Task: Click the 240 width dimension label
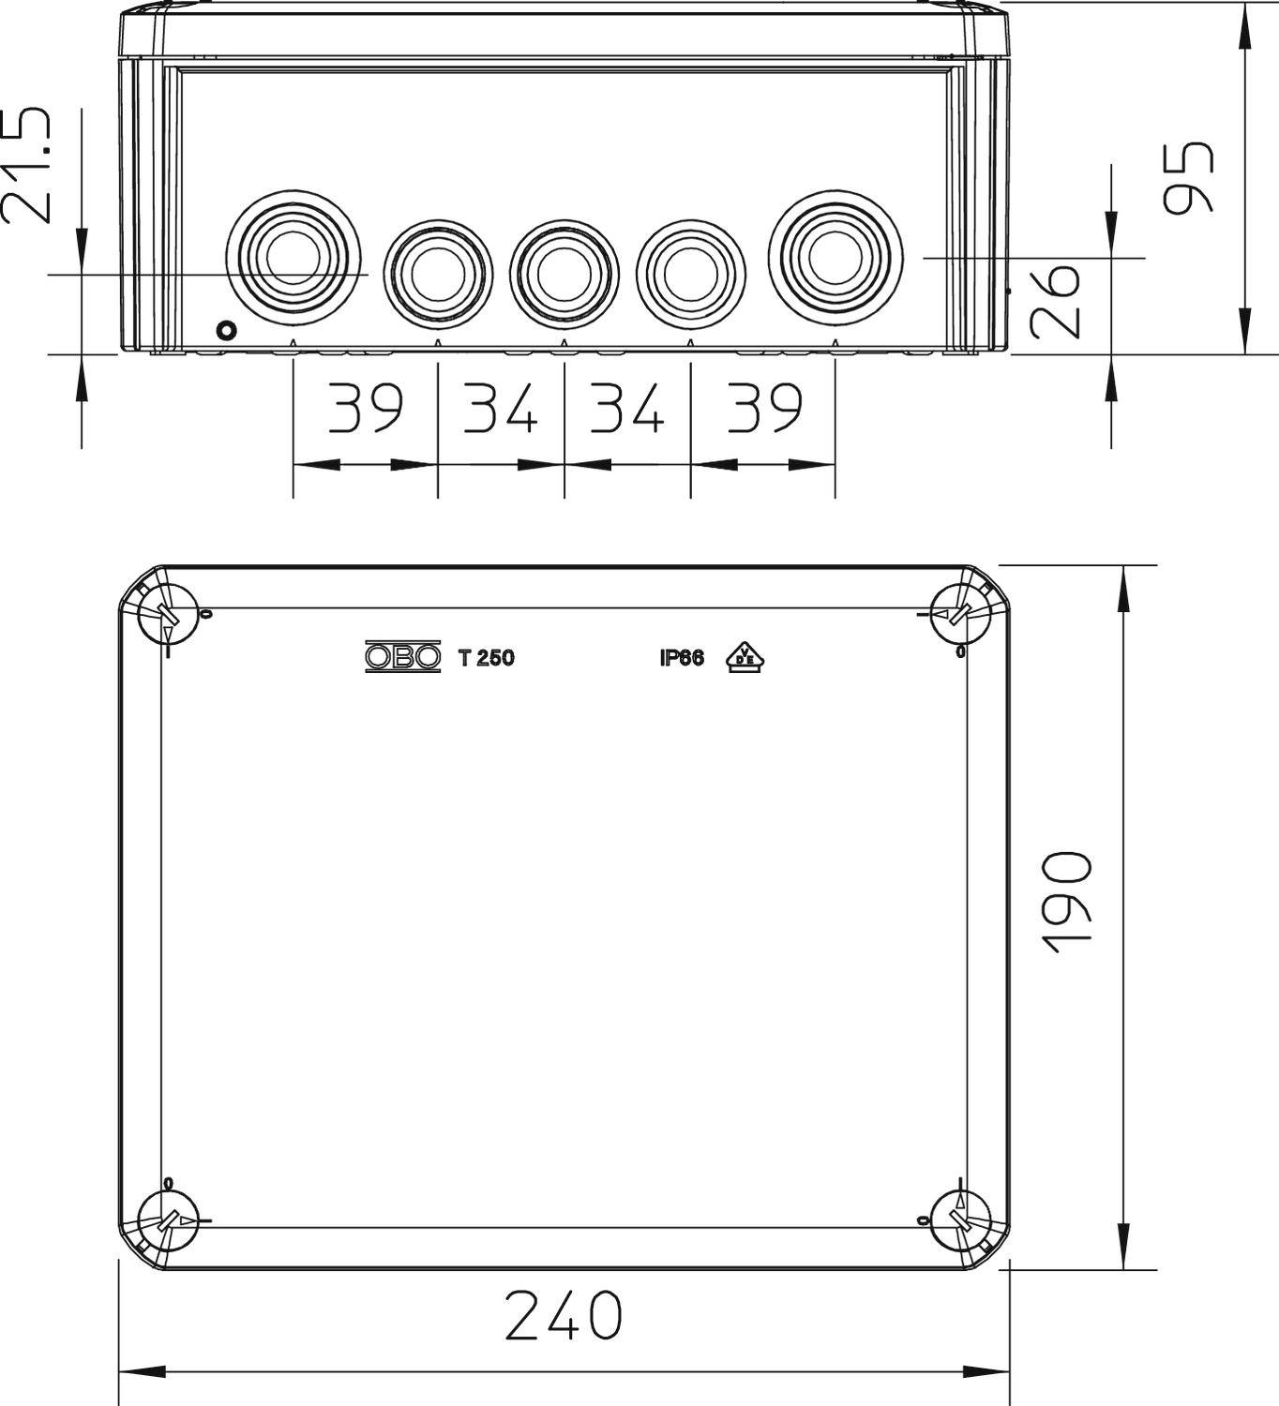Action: coord(563,1315)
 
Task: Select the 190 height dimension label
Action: coord(1068,903)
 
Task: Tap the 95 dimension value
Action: coord(1188,177)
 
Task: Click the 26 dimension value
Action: coord(1055,301)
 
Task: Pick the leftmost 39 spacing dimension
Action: coord(365,409)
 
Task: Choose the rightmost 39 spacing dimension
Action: coord(764,409)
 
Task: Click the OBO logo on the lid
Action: coord(402,658)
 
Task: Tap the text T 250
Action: coord(486,658)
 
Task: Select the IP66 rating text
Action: coord(682,658)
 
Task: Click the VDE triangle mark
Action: coord(746,658)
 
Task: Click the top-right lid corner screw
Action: coord(961,615)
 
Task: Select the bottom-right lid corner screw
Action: coord(961,1221)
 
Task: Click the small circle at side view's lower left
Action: coord(226,330)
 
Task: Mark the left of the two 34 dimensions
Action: coord(500,409)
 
